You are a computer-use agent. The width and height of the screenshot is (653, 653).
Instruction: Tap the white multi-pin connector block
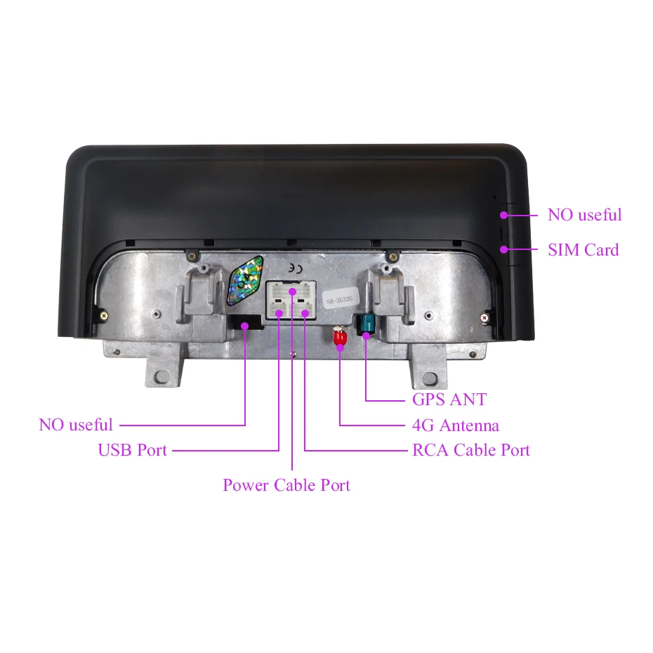pos(291,301)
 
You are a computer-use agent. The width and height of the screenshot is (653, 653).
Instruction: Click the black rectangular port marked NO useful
pos(245,323)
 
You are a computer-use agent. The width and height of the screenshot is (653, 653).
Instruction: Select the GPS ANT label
pos(449,400)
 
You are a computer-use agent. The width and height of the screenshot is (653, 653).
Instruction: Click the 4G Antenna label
pos(456,425)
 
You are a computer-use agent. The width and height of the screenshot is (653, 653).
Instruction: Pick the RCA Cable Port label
pos(471,450)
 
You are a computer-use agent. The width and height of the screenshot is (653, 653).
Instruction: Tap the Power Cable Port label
pos(286,484)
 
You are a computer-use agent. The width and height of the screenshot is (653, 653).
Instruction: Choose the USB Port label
pos(133,450)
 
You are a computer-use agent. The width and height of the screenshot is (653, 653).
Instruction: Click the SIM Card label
pos(583,249)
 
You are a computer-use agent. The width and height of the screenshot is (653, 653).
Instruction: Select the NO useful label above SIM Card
pos(584,215)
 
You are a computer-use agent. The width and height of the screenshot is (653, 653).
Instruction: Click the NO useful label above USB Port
pos(76,425)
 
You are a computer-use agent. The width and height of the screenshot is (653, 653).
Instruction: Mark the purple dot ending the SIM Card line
pos(503,249)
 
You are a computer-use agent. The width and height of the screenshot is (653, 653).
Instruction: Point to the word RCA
pos(430,450)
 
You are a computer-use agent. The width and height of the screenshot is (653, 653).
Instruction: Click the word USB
pos(114,450)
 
